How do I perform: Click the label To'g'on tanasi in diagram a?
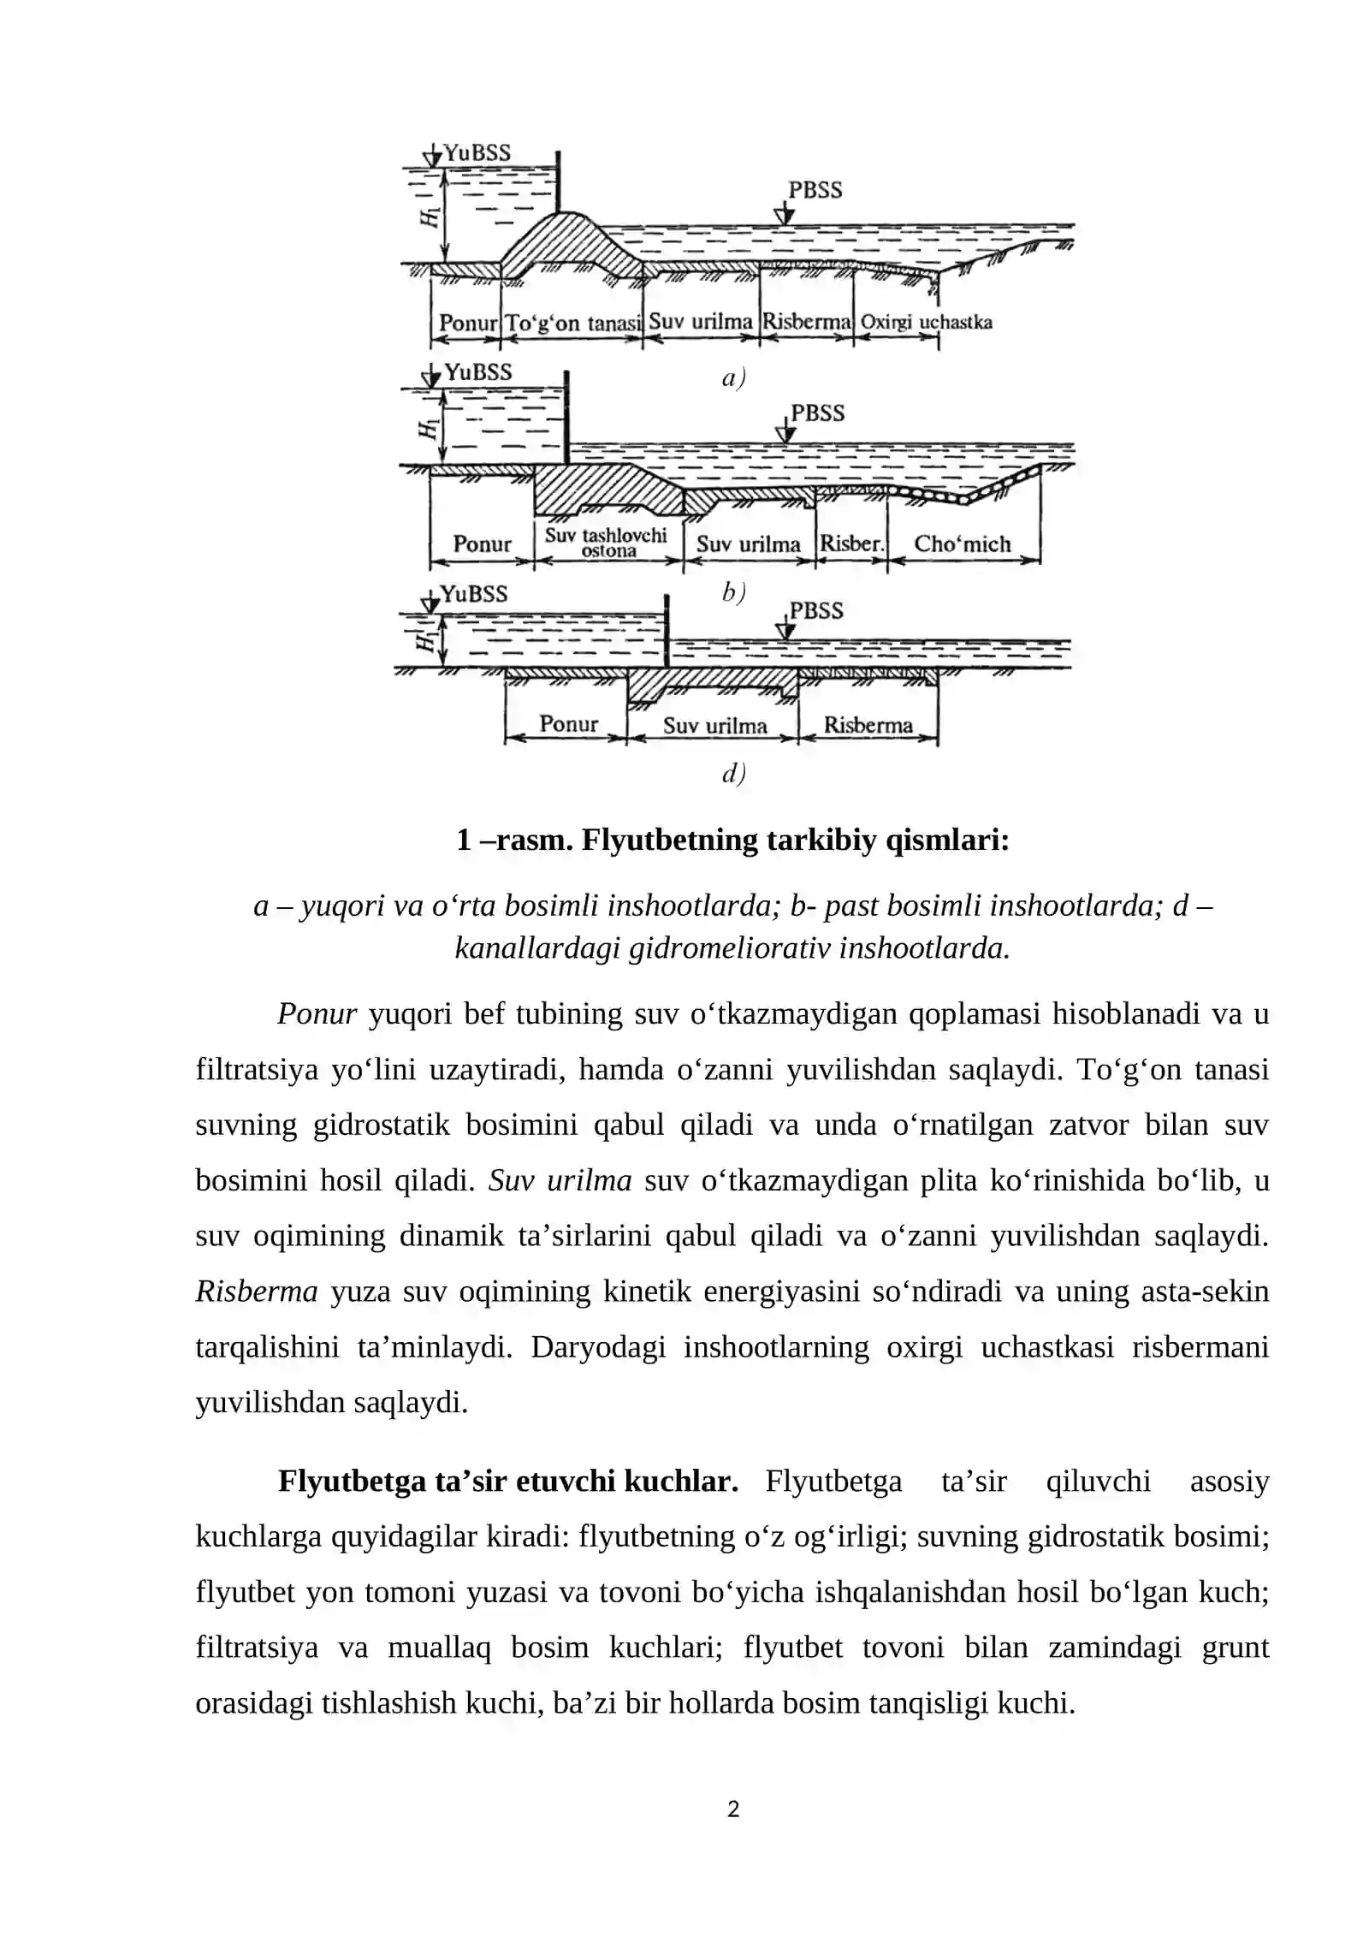point(572,324)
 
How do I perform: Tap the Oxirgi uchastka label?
point(926,323)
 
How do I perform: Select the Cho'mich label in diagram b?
point(962,543)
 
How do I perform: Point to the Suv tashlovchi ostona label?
point(606,543)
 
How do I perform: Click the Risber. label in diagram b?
point(850,543)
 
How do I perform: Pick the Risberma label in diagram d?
point(868,725)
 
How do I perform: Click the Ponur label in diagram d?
point(568,724)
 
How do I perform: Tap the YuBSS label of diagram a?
point(477,152)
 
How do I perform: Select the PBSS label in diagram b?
point(817,413)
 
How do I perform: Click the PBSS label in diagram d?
point(816,610)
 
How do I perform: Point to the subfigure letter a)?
point(733,377)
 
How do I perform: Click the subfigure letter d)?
point(733,773)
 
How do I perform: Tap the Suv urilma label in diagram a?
point(700,322)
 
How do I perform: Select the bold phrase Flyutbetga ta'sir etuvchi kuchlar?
point(507,1481)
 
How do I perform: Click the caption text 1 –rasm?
point(514,840)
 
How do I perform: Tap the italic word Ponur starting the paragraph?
point(317,1014)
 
